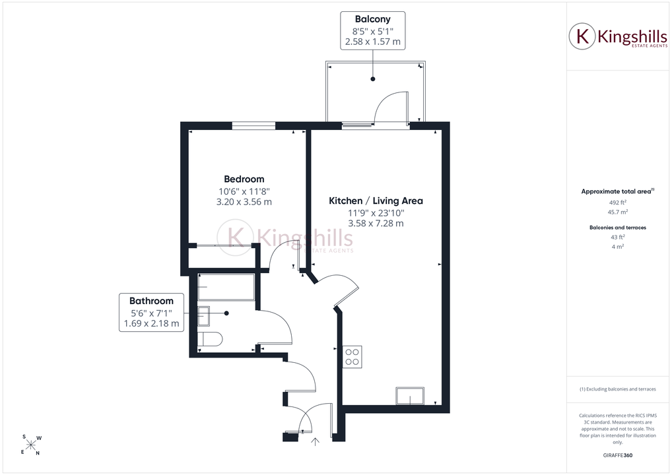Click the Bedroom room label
[244, 179]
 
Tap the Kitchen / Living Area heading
[376, 201]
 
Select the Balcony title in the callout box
[373, 19]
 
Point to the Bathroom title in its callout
[151, 301]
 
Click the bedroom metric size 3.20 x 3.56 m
[244, 202]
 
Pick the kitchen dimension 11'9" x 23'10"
[376, 213]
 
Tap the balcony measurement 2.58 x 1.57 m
[373, 42]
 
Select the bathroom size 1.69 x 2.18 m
[151, 323]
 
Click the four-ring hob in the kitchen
[353, 357]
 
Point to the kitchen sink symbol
[410, 396]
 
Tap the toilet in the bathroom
[210, 339]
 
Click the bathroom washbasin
[203, 316]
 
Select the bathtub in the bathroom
[226, 288]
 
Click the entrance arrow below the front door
[315, 442]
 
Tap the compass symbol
[31, 445]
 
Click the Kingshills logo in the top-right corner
[618, 37]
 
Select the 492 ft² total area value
[618, 203]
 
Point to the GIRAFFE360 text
[618, 455]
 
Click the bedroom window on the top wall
[253, 126]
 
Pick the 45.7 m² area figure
[618, 212]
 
